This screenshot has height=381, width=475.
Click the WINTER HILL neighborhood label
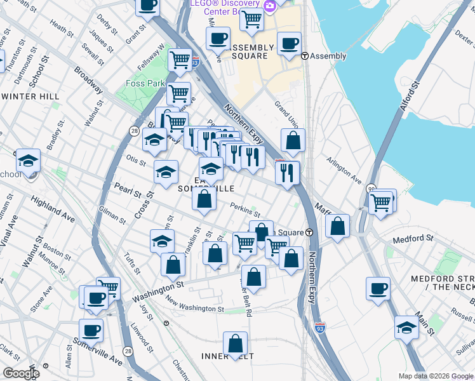pos(30,97)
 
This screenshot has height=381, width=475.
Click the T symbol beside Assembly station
pos(305,56)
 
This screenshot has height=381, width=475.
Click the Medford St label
pos(412,239)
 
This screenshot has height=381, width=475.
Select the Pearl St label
pos(122,190)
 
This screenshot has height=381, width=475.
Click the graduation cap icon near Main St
pos(406,328)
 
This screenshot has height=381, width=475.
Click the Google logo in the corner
pos(21,373)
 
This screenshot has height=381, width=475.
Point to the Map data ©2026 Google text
pos(435,376)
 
